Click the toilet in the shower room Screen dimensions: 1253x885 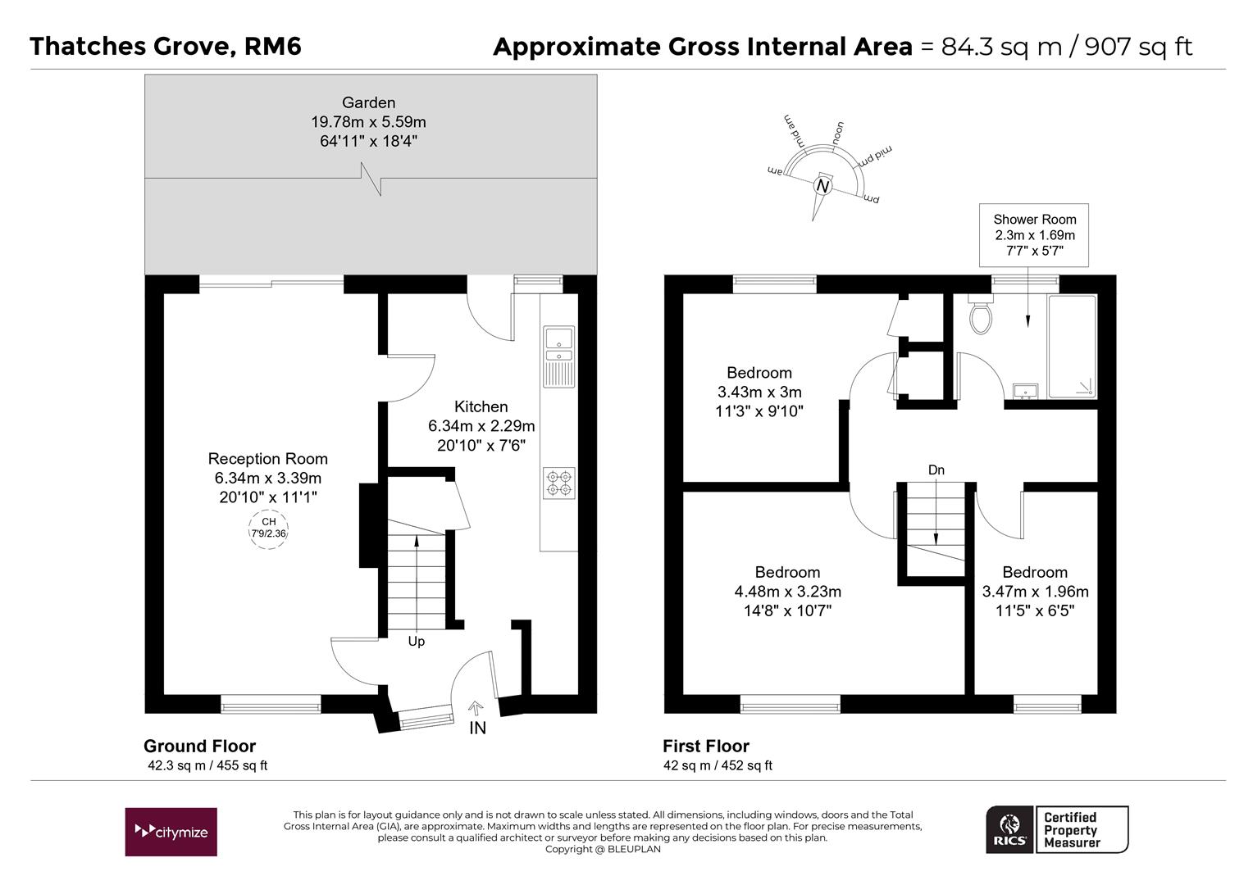coord(981,315)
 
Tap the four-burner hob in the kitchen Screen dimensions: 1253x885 coord(558,483)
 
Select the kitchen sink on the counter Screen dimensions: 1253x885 coord(558,356)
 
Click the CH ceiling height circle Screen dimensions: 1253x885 coord(268,529)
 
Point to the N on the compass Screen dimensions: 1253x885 coord(822,186)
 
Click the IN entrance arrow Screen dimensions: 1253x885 coord(476,708)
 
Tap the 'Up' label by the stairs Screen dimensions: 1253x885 coord(417,642)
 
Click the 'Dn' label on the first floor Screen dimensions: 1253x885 coord(936,470)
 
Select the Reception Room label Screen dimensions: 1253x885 coord(268,458)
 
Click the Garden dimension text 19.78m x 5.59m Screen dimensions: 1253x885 coord(369,122)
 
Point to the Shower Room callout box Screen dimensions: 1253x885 coord(1034,235)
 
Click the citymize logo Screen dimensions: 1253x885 coord(171,832)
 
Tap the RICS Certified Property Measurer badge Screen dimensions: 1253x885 coord(1057,829)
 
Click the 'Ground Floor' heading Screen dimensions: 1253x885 coord(200,747)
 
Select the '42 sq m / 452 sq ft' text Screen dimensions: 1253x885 coord(718,765)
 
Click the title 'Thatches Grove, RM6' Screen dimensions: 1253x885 coord(166,47)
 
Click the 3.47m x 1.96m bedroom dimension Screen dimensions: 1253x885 coord(1036,592)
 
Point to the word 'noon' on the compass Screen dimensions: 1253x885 coord(838,134)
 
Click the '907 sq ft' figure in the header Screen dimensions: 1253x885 coord(1138,47)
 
